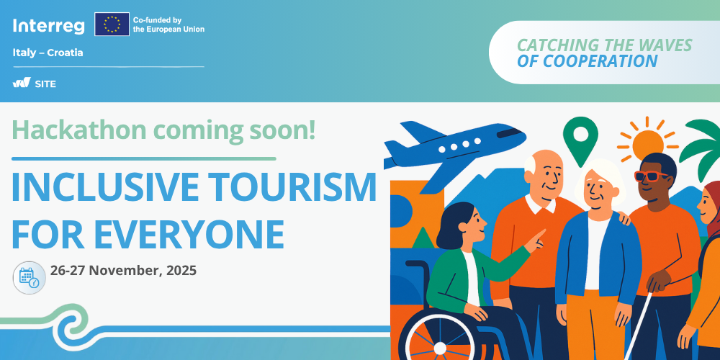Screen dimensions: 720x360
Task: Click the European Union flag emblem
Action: click(112, 24)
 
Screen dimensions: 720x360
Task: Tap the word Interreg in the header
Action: click(49, 26)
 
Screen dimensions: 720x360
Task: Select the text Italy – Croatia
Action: click(48, 53)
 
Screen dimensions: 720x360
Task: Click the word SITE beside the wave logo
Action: click(45, 84)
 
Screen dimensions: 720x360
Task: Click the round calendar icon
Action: click(29, 277)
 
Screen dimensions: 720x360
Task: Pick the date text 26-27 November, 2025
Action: click(123, 271)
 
